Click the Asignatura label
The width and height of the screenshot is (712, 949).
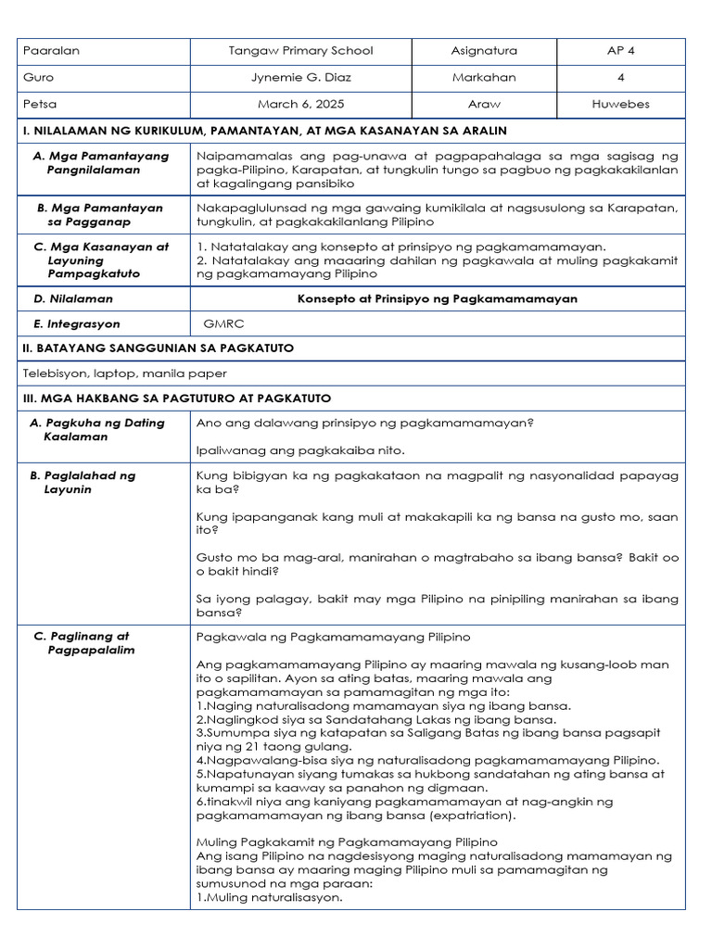pos(484,51)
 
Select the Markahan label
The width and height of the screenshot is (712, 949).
pos(484,78)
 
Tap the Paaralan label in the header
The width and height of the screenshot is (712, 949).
pos(51,51)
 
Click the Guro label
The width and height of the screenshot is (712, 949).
pos(39,78)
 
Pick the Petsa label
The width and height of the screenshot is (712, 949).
pos(40,104)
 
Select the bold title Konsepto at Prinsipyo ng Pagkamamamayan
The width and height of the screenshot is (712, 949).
pos(437,298)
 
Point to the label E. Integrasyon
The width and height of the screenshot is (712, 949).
pos(77,324)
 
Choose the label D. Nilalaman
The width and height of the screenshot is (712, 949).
pos(73,298)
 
